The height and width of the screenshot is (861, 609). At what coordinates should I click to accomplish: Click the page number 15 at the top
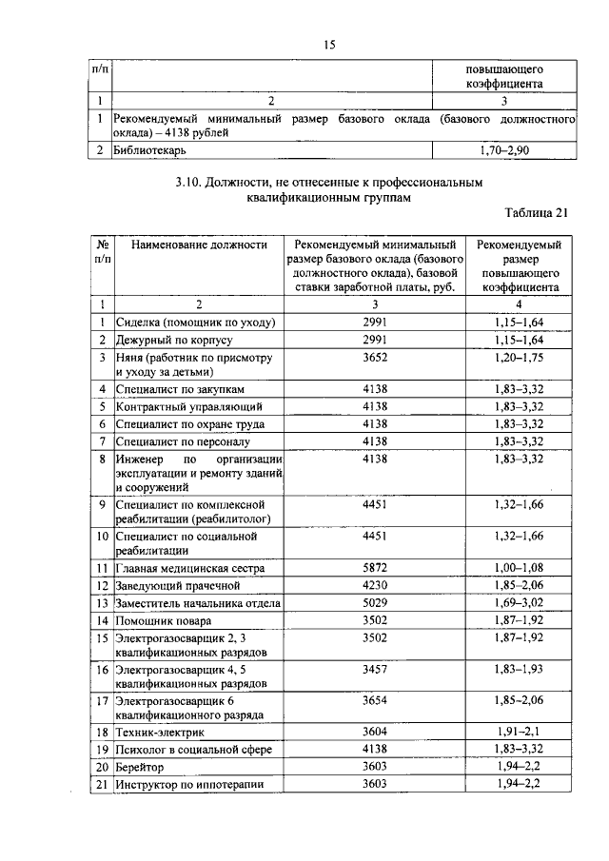click(x=331, y=44)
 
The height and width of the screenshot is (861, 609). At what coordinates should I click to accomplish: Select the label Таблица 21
click(x=535, y=213)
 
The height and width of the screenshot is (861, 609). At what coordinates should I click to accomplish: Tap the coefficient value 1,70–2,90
click(x=503, y=151)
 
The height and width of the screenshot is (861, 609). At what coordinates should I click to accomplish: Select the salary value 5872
click(x=375, y=568)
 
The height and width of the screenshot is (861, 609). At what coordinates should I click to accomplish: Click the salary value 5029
click(x=375, y=602)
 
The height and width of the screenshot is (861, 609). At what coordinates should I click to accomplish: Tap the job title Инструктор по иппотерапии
click(x=188, y=784)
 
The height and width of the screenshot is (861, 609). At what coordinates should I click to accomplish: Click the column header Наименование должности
click(x=199, y=245)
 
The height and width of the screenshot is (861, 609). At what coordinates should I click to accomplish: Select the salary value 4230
click(x=375, y=585)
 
